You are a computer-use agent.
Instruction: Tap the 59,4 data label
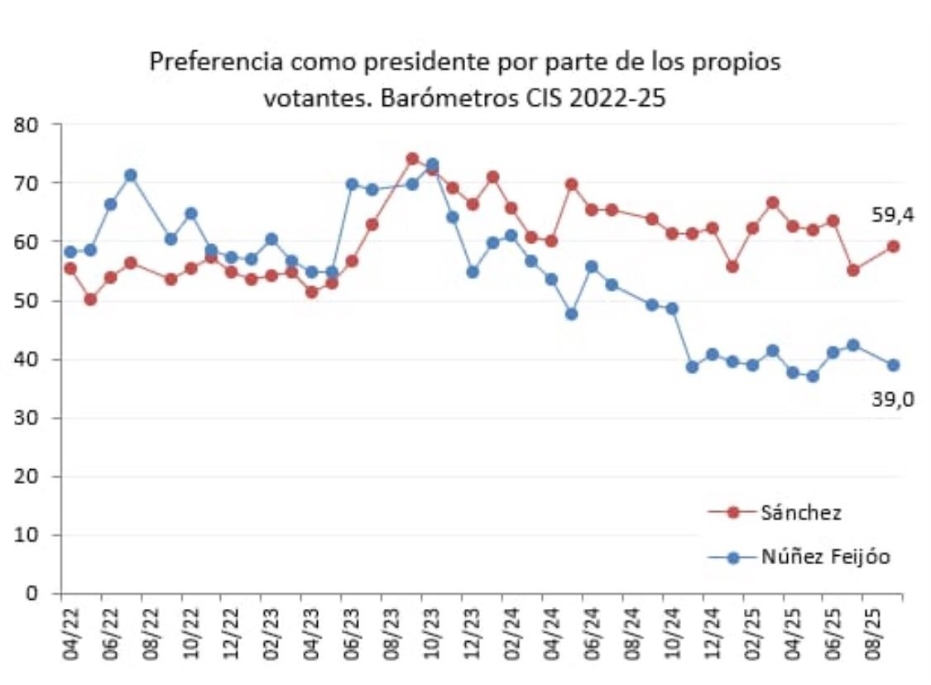point(892,216)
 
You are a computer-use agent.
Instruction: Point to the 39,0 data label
point(892,400)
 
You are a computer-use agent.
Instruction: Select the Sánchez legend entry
point(800,512)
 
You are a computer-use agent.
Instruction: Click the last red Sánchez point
point(894,246)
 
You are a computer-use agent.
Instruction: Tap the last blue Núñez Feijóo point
point(894,365)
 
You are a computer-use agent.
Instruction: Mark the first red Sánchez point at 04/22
point(70,268)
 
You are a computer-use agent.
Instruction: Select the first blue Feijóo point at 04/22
point(70,251)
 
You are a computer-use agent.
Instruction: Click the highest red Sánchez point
point(412,158)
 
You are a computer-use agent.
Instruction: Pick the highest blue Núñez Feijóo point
point(432,164)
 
